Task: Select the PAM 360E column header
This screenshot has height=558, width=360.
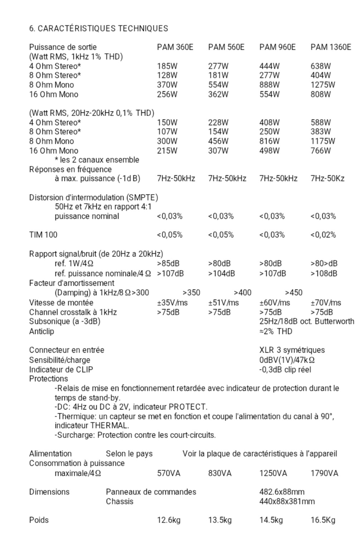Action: pyautogui.click(x=175, y=47)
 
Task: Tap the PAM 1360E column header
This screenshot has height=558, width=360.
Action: pyautogui.click(x=331, y=47)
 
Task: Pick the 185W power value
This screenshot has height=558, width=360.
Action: pyautogui.click(x=167, y=66)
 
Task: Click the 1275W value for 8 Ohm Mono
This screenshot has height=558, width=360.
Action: pyautogui.click(x=323, y=85)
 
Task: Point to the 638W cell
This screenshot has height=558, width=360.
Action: pyautogui.click(x=321, y=66)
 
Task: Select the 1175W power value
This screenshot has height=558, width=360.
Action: pyautogui.click(x=323, y=141)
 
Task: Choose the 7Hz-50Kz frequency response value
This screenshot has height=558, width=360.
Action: pyautogui.click(x=327, y=178)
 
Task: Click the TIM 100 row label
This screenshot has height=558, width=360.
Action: pyautogui.click(x=43, y=235)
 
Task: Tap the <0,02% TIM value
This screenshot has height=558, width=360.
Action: pyautogui.click(x=323, y=235)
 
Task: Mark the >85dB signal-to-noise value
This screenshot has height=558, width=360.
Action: pyautogui.click(x=168, y=264)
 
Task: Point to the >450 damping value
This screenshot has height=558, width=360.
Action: pyautogui.click(x=294, y=293)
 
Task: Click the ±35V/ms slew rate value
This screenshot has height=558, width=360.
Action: pyautogui.click(x=172, y=303)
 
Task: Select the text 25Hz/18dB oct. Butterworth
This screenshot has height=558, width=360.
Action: pyautogui.click(x=307, y=322)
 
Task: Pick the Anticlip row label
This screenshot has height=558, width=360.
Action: pyautogui.click(x=42, y=332)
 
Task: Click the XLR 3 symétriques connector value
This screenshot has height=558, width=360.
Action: pyautogui.click(x=292, y=350)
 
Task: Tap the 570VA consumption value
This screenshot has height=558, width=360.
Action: pyautogui.click(x=169, y=474)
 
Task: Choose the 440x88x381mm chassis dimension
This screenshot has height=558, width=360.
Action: pyautogui.click(x=287, y=501)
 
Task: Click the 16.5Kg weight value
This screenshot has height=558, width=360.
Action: pyautogui.click(x=323, y=520)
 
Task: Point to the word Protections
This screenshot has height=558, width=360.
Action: pyautogui.click(x=48, y=379)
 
